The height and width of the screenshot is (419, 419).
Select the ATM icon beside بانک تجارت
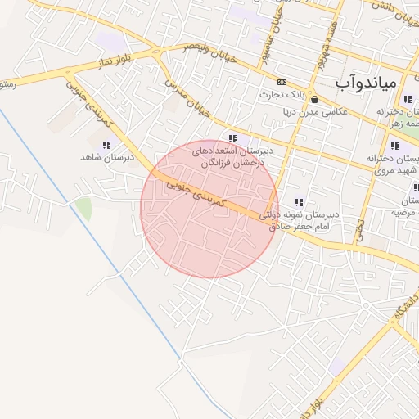point(282,82)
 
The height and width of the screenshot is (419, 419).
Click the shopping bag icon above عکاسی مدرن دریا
point(315,99)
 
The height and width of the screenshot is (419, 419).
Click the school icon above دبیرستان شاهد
point(106,145)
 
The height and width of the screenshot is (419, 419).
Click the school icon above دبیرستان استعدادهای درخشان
point(233,138)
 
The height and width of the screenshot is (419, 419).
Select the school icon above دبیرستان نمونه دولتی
point(300,202)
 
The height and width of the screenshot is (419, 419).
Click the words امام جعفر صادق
point(299,227)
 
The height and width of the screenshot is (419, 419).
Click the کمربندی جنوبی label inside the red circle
point(197,193)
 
